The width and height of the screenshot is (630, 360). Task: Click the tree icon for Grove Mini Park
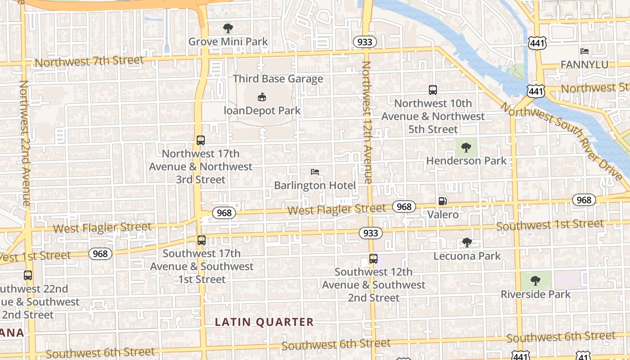coord(228,28)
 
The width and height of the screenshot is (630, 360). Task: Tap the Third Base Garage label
coord(278,79)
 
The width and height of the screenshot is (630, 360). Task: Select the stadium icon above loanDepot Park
coord(262,96)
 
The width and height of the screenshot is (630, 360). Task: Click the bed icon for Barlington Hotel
coord(315,172)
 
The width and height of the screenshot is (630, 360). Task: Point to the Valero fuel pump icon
coord(443,201)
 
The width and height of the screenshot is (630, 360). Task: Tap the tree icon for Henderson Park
coord(466,147)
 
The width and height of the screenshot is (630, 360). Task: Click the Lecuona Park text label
coord(467,256)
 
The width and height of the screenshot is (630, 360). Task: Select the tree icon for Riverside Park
coord(535,281)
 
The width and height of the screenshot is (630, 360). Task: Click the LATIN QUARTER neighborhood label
coord(264,322)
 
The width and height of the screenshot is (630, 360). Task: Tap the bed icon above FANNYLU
coord(585,51)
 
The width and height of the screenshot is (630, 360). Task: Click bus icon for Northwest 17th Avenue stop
coord(201,140)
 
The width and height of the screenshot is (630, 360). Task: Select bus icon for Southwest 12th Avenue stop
coord(373,259)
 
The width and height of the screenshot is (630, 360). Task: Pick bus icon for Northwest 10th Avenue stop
coord(432,90)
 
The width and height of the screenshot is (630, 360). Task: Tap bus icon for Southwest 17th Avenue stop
coord(201,240)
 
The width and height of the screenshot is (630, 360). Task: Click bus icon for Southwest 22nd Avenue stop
coord(28,275)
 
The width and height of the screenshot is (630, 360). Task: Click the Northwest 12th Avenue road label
coord(367,122)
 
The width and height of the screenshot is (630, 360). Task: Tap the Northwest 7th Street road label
coord(89,61)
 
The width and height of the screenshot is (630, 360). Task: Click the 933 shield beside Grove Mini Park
coord(364,42)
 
